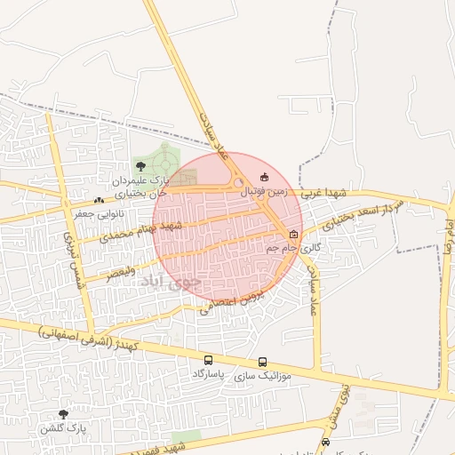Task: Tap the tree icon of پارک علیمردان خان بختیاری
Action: pos(141,167)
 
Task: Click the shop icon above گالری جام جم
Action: pos(293,235)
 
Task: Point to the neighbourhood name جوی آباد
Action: pos(172,284)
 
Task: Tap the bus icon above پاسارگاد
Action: pos(208,361)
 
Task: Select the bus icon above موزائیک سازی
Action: pos(263,363)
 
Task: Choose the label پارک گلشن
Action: pos(64,428)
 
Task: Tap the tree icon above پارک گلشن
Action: pos(63,414)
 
